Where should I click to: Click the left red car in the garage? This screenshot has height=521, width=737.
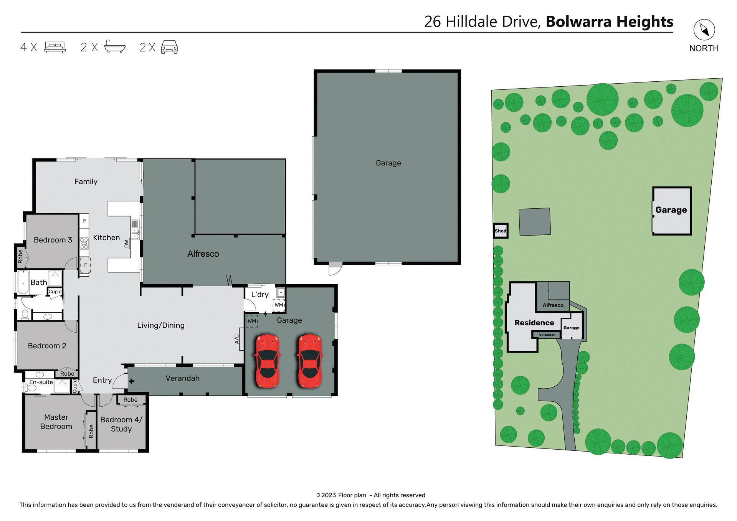[268, 361]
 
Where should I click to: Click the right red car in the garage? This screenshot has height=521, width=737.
[310, 361]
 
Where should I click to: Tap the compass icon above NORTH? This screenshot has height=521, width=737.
[704, 30]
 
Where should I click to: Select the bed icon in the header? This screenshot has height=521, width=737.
[55, 47]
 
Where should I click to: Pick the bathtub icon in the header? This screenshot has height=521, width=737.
[114, 47]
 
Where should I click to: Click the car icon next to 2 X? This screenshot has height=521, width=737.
[169, 47]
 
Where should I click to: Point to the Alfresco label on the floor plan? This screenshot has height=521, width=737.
[203, 254]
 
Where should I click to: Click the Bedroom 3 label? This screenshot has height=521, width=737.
[53, 240]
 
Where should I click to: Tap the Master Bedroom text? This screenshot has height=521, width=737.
[56, 422]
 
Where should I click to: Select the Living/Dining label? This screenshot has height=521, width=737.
[161, 325]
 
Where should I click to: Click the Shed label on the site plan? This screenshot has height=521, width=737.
[500, 231]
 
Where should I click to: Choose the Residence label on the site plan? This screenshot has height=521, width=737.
[534, 323]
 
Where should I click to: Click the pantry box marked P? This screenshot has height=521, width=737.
[84, 221]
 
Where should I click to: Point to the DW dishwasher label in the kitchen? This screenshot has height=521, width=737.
[126, 244]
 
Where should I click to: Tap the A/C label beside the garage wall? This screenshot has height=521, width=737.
[237, 339]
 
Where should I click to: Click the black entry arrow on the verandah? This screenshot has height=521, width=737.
[132, 381]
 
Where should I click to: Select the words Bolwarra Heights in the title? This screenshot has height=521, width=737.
[609, 21]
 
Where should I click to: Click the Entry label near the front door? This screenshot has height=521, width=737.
[102, 380]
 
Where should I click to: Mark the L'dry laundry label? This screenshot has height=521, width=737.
[259, 295]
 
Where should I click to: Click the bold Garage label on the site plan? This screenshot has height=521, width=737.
[671, 210]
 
